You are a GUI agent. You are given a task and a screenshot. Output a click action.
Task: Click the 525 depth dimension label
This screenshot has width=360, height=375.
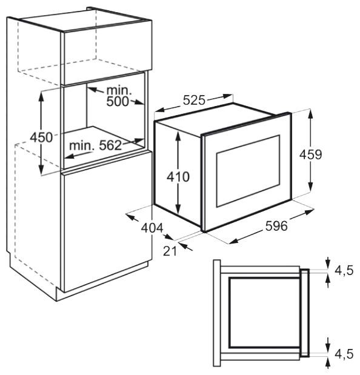pyautogui.click(x=194, y=100)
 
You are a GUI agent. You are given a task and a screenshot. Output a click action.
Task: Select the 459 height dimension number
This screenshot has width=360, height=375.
pyautogui.click(x=311, y=154)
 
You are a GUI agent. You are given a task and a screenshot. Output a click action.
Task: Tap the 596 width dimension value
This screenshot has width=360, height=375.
pyautogui.click(x=276, y=226)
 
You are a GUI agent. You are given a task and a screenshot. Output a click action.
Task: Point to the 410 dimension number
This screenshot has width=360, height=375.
pyautogui.click(x=178, y=177)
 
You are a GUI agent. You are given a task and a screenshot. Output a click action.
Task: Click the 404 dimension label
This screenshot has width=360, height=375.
pyautogui.click(x=152, y=228)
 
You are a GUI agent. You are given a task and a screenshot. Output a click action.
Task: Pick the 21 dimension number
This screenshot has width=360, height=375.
pyautogui.click(x=170, y=251)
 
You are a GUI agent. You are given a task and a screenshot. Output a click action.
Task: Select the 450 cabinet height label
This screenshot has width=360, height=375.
pyautogui.click(x=41, y=138)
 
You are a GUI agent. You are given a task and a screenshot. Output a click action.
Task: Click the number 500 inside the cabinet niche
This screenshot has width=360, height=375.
pyautogui.click(x=118, y=101)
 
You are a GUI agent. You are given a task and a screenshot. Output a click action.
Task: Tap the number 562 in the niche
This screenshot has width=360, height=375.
pyautogui.click(x=110, y=145)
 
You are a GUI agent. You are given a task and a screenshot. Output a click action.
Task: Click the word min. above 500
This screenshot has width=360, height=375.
pyautogui.click(x=119, y=90)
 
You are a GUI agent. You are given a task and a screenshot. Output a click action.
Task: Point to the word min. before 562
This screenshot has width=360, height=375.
pyautogui.click(x=82, y=145)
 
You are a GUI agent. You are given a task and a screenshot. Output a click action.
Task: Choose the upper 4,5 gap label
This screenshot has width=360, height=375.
pyautogui.click(x=344, y=271)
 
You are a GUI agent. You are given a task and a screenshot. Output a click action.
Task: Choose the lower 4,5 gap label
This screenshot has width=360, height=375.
pyautogui.click(x=344, y=354)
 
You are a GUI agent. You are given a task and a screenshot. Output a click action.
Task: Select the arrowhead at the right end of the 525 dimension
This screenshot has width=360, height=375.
pyautogui.click(x=228, y=96)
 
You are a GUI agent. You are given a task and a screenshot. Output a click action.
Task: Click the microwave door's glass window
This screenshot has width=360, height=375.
pyautogui.click(x=248, y=171)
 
